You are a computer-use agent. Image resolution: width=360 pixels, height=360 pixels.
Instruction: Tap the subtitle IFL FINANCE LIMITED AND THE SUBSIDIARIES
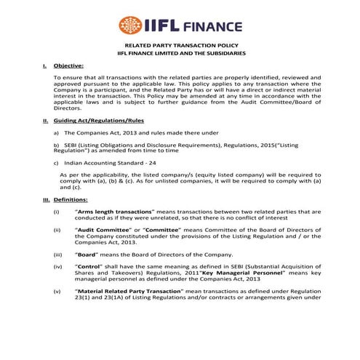pyautogui.click(x=180, y=75)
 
